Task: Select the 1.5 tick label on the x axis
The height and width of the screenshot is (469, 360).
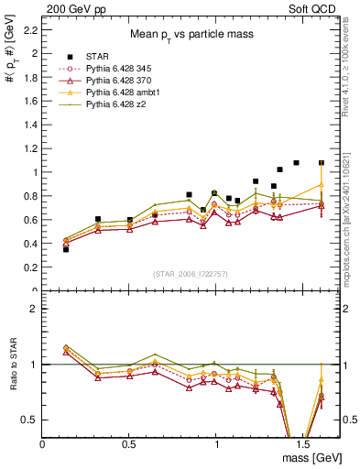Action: pyautogui.click(x=301, y=443)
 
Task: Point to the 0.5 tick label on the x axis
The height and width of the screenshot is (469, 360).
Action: pyautogui.click(x=128, y=443)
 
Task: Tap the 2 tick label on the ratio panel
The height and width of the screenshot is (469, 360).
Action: pyautogui.click(x=34, y=309)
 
